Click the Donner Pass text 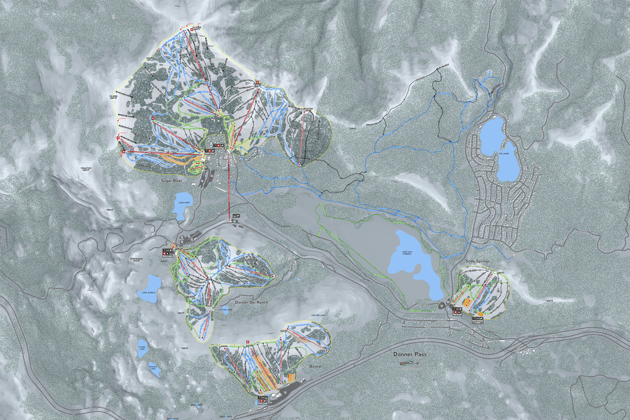[409, 354]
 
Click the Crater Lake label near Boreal [318, 315]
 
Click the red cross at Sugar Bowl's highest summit [191, 30]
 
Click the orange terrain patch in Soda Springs [467, 302]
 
